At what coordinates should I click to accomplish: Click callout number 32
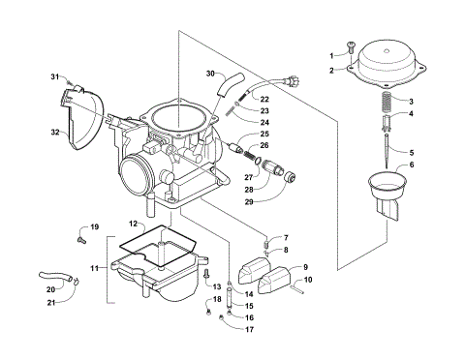55,132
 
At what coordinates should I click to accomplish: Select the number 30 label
210,74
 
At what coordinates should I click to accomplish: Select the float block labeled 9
268,281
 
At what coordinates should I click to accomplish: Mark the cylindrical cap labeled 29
286,179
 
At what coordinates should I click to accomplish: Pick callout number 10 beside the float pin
308,280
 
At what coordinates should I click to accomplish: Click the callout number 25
264,134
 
